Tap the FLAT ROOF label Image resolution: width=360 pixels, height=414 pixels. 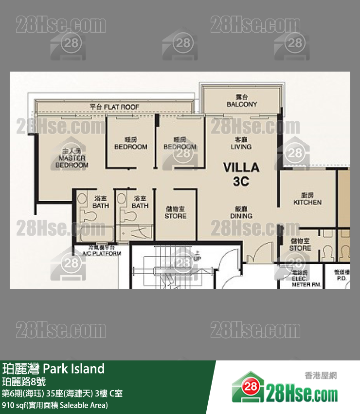point(115,107)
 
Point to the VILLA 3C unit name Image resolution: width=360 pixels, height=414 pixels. point(241,174)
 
